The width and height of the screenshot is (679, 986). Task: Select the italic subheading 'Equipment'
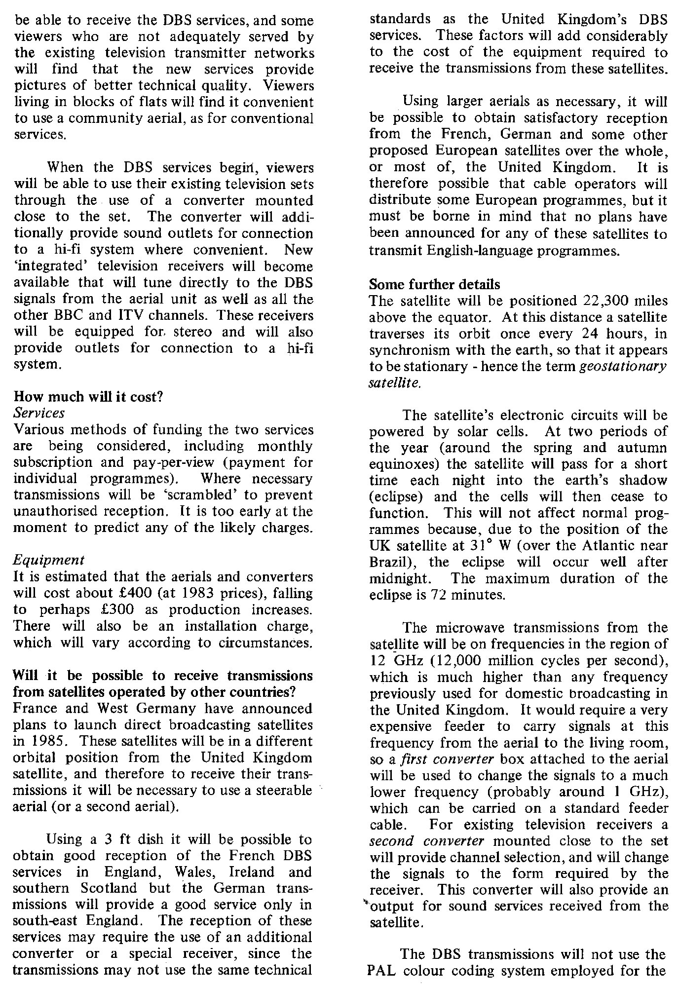[x=49, y=560]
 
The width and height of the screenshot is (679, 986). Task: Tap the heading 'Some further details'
[x=434, y=285]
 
